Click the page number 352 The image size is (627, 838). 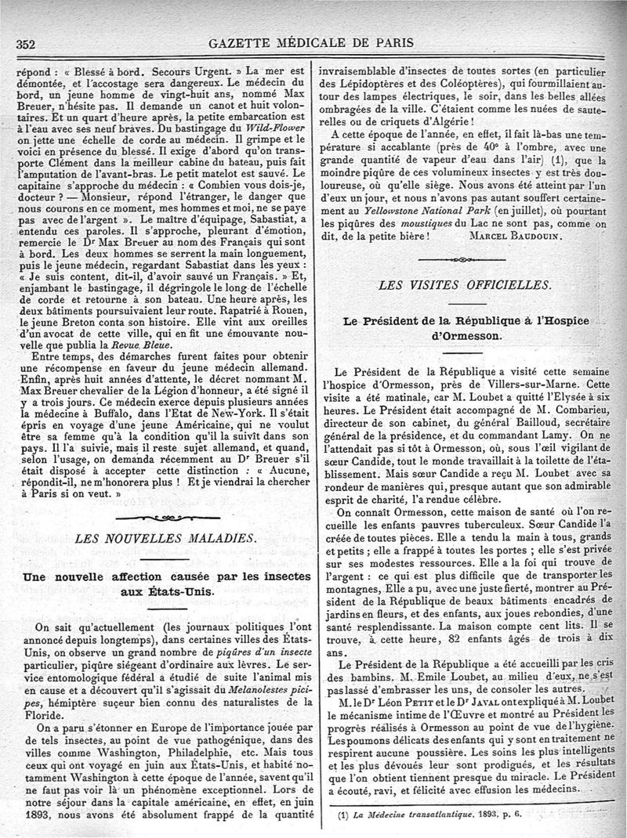click(29, 44)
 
